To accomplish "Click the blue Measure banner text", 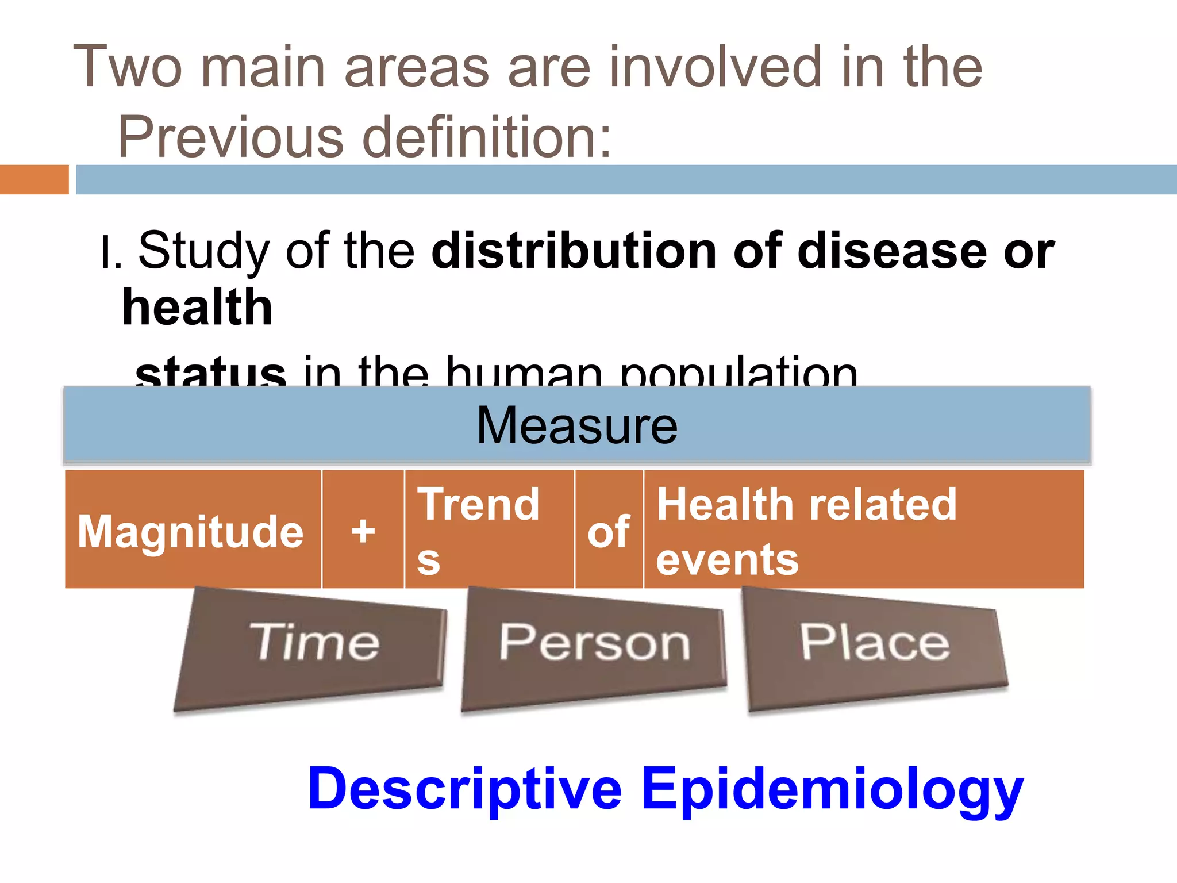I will click(577, 426).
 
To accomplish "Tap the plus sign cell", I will click(363, 530).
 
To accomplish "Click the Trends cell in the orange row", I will click(489, 530).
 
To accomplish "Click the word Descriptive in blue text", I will click(465, 789).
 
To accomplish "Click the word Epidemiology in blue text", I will click(832, 789).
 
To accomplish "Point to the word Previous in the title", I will click(230, 137).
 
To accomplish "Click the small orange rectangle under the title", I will click(34, 179).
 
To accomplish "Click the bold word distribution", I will click(574, 251).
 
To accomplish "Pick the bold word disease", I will click(892, 251).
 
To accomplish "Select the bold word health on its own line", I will click(197, 308).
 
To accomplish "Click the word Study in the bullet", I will click(204, 251).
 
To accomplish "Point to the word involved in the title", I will click(716, 67).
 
